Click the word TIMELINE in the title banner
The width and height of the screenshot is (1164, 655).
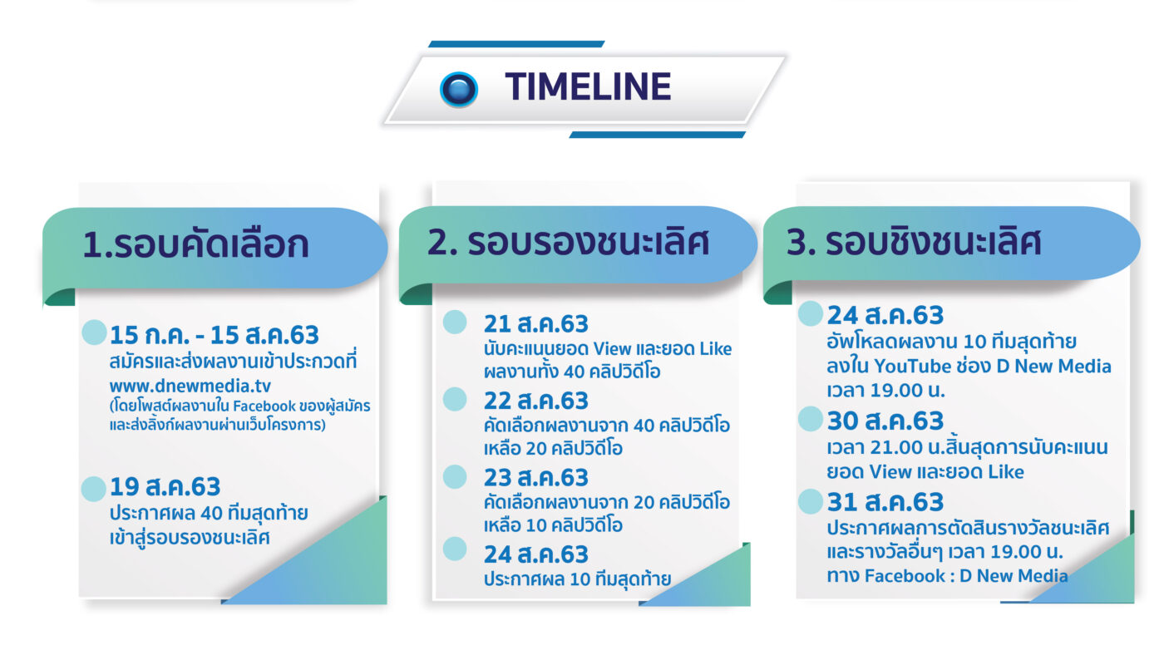[588, 86]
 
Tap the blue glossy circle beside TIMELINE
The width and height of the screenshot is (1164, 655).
[458, 89]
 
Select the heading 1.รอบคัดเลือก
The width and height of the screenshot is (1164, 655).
[195, 244]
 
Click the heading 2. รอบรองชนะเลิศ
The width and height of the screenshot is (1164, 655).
[568, 242]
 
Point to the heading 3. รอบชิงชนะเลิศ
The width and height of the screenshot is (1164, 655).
[914, 242]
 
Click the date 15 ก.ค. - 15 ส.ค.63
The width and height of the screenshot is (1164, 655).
[215, 335]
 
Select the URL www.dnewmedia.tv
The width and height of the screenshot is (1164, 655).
[190, 386]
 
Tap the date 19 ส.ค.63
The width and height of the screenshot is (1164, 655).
[165, 487]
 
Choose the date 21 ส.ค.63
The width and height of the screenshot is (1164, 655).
[535, 324]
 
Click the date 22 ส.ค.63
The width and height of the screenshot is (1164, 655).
[535, 401]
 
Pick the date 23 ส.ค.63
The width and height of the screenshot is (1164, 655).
[535, 478]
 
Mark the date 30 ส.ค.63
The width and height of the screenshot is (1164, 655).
[885, 421]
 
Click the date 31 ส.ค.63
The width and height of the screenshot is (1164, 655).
[885, 502]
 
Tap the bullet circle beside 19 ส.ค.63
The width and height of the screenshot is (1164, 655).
[94, 489]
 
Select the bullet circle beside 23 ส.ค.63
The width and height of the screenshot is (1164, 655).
[455, 477]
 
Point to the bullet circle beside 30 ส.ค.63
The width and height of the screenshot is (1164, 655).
[810, 419]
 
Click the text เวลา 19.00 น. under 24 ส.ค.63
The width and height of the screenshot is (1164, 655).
[886, 390]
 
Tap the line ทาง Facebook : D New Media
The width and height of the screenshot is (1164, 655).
[947, 575]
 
